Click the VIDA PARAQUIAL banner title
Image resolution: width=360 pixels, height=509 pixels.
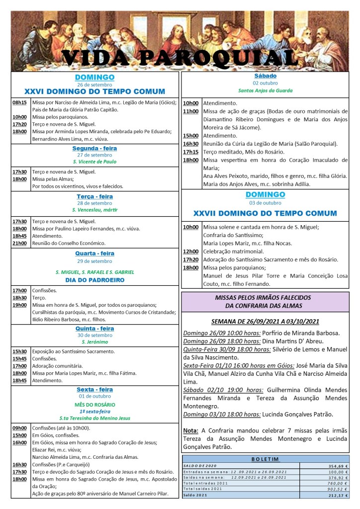point(180,58)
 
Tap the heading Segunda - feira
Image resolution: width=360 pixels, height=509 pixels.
point(94,149)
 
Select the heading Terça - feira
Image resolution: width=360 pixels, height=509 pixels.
point(94,196)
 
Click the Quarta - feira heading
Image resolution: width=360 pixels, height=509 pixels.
point(94,254)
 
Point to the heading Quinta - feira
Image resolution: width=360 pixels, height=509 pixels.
point(94,329)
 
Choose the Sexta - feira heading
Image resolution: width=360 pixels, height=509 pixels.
point(94,389)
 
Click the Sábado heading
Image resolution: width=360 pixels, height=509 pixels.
point(265,76)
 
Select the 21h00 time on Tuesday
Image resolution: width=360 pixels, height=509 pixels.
point(20,243)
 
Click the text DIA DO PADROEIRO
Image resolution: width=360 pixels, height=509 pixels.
point(94,280)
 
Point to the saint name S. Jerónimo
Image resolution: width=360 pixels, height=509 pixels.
point(94,342)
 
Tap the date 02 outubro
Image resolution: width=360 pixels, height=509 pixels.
point(265,83)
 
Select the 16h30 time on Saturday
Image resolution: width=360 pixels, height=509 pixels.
point(190,144)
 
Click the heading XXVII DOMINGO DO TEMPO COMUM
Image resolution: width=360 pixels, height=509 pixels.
point(265,213)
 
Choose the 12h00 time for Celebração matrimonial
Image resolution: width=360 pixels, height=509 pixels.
point(190,252)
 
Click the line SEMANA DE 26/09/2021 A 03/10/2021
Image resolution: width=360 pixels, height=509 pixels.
point(265,321)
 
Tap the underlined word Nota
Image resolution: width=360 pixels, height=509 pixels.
point(191,430)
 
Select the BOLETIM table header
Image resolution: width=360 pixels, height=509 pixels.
point(265,459)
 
